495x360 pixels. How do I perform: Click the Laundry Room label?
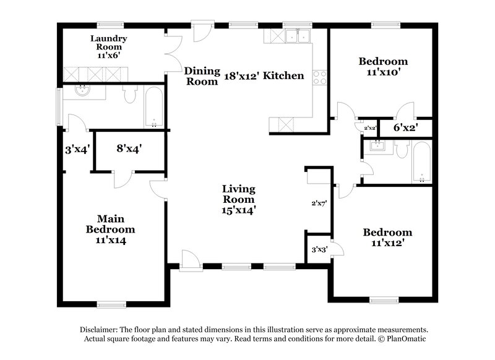point(109,46)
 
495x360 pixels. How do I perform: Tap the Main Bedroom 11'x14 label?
point(111,229)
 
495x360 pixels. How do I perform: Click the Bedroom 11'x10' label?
point(384,66)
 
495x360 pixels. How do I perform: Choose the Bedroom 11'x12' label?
point(387,238)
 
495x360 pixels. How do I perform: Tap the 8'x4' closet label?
point(130,148)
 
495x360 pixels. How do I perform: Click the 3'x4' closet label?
point(78,148)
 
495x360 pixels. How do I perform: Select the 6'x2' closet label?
point(406,128)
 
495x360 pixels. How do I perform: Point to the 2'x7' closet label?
point(318,203)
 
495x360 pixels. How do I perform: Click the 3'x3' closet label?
point(319,250)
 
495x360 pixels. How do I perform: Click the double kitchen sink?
point(296,36)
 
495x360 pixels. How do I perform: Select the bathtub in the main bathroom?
point(153,107)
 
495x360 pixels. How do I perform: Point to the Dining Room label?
point(201,76)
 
